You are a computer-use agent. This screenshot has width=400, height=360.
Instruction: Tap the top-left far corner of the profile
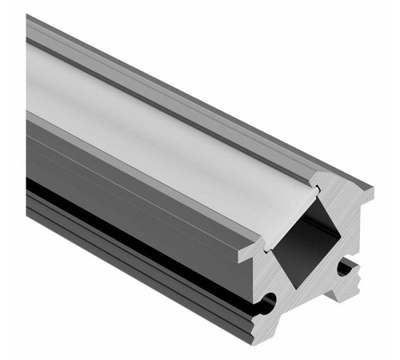click(x=28, y=18)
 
